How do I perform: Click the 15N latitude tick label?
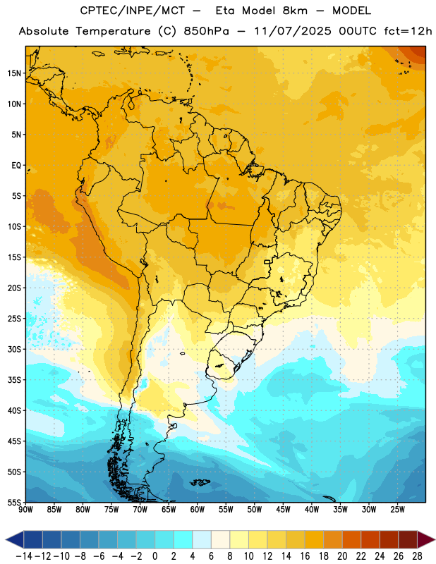pyautogui.click(x=14, y=73)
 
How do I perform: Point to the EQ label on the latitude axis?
pyautogui.click(x=16, y=166)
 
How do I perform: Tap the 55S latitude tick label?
pyautogui.click(x=14, y=502)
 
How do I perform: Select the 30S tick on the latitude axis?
pyautogui.click(x=14, y=349)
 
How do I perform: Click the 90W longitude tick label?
pyautogui.click(x=25, y=510)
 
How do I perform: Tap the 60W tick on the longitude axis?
pyautogui.click(x=198, y=510)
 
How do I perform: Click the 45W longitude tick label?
pyautogui.click(x=283, y=510)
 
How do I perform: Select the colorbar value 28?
pyautogui.click(x=417, y=556)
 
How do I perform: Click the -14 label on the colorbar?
pyautogui.click(x=24, y=556)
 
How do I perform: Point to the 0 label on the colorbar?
pyautogui.click(x=155, y=556)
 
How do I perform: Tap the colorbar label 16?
pyautogui.click(x=305, y=556)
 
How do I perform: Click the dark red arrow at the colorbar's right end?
pyautogui.click(x=425, y=539)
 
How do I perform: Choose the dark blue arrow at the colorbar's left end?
pyautogui.click(x=15, y=539)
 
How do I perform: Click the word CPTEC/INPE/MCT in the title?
pyautogui.click(x=132, y=11)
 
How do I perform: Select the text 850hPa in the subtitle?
pyautogui.click(x=206, y=31)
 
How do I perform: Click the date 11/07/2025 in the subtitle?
pyautogui.click(x=293, y=31)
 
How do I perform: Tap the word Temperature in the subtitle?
pyautogui.click(x=113, y=32)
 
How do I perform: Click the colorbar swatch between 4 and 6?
pyautogui.click(x=202, y=539)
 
